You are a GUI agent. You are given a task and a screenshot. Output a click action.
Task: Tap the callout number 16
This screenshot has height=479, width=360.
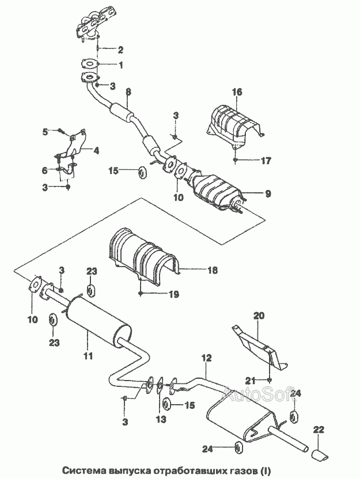[237, 92]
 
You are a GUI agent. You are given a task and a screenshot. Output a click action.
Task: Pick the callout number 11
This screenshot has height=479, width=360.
[89, 356]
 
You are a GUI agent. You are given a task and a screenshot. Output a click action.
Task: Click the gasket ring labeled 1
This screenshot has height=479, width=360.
[89, 64]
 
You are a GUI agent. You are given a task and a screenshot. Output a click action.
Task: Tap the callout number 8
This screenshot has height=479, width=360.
[128, 92]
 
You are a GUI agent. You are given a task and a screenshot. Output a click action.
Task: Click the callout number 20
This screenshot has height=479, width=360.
[259, 315]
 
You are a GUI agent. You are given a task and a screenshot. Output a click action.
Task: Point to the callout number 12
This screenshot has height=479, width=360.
[206, 358]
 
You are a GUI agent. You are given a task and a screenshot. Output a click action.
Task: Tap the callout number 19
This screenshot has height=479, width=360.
[173, 295]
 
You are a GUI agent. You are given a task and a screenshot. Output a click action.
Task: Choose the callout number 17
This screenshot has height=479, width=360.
[266, 161]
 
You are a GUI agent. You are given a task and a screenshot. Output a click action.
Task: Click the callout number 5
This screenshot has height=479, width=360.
[46, 132]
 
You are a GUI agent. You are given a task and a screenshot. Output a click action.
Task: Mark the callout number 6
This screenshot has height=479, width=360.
[44, 170]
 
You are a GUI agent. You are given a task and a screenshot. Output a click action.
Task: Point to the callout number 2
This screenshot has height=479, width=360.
[120, 49]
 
